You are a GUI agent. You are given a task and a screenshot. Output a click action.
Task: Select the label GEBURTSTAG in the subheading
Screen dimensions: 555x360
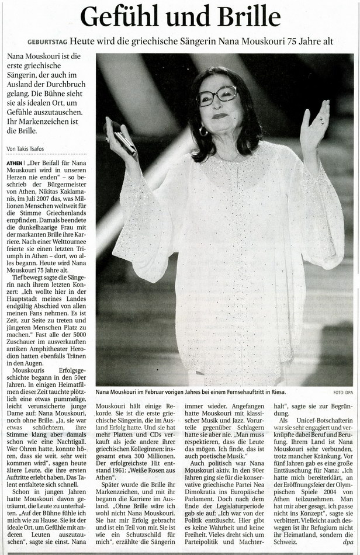coord(46,42)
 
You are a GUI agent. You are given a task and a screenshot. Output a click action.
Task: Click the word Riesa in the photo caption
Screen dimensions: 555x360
coord(278,391)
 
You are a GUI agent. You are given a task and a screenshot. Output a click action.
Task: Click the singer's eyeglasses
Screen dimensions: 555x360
coord(217,95)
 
